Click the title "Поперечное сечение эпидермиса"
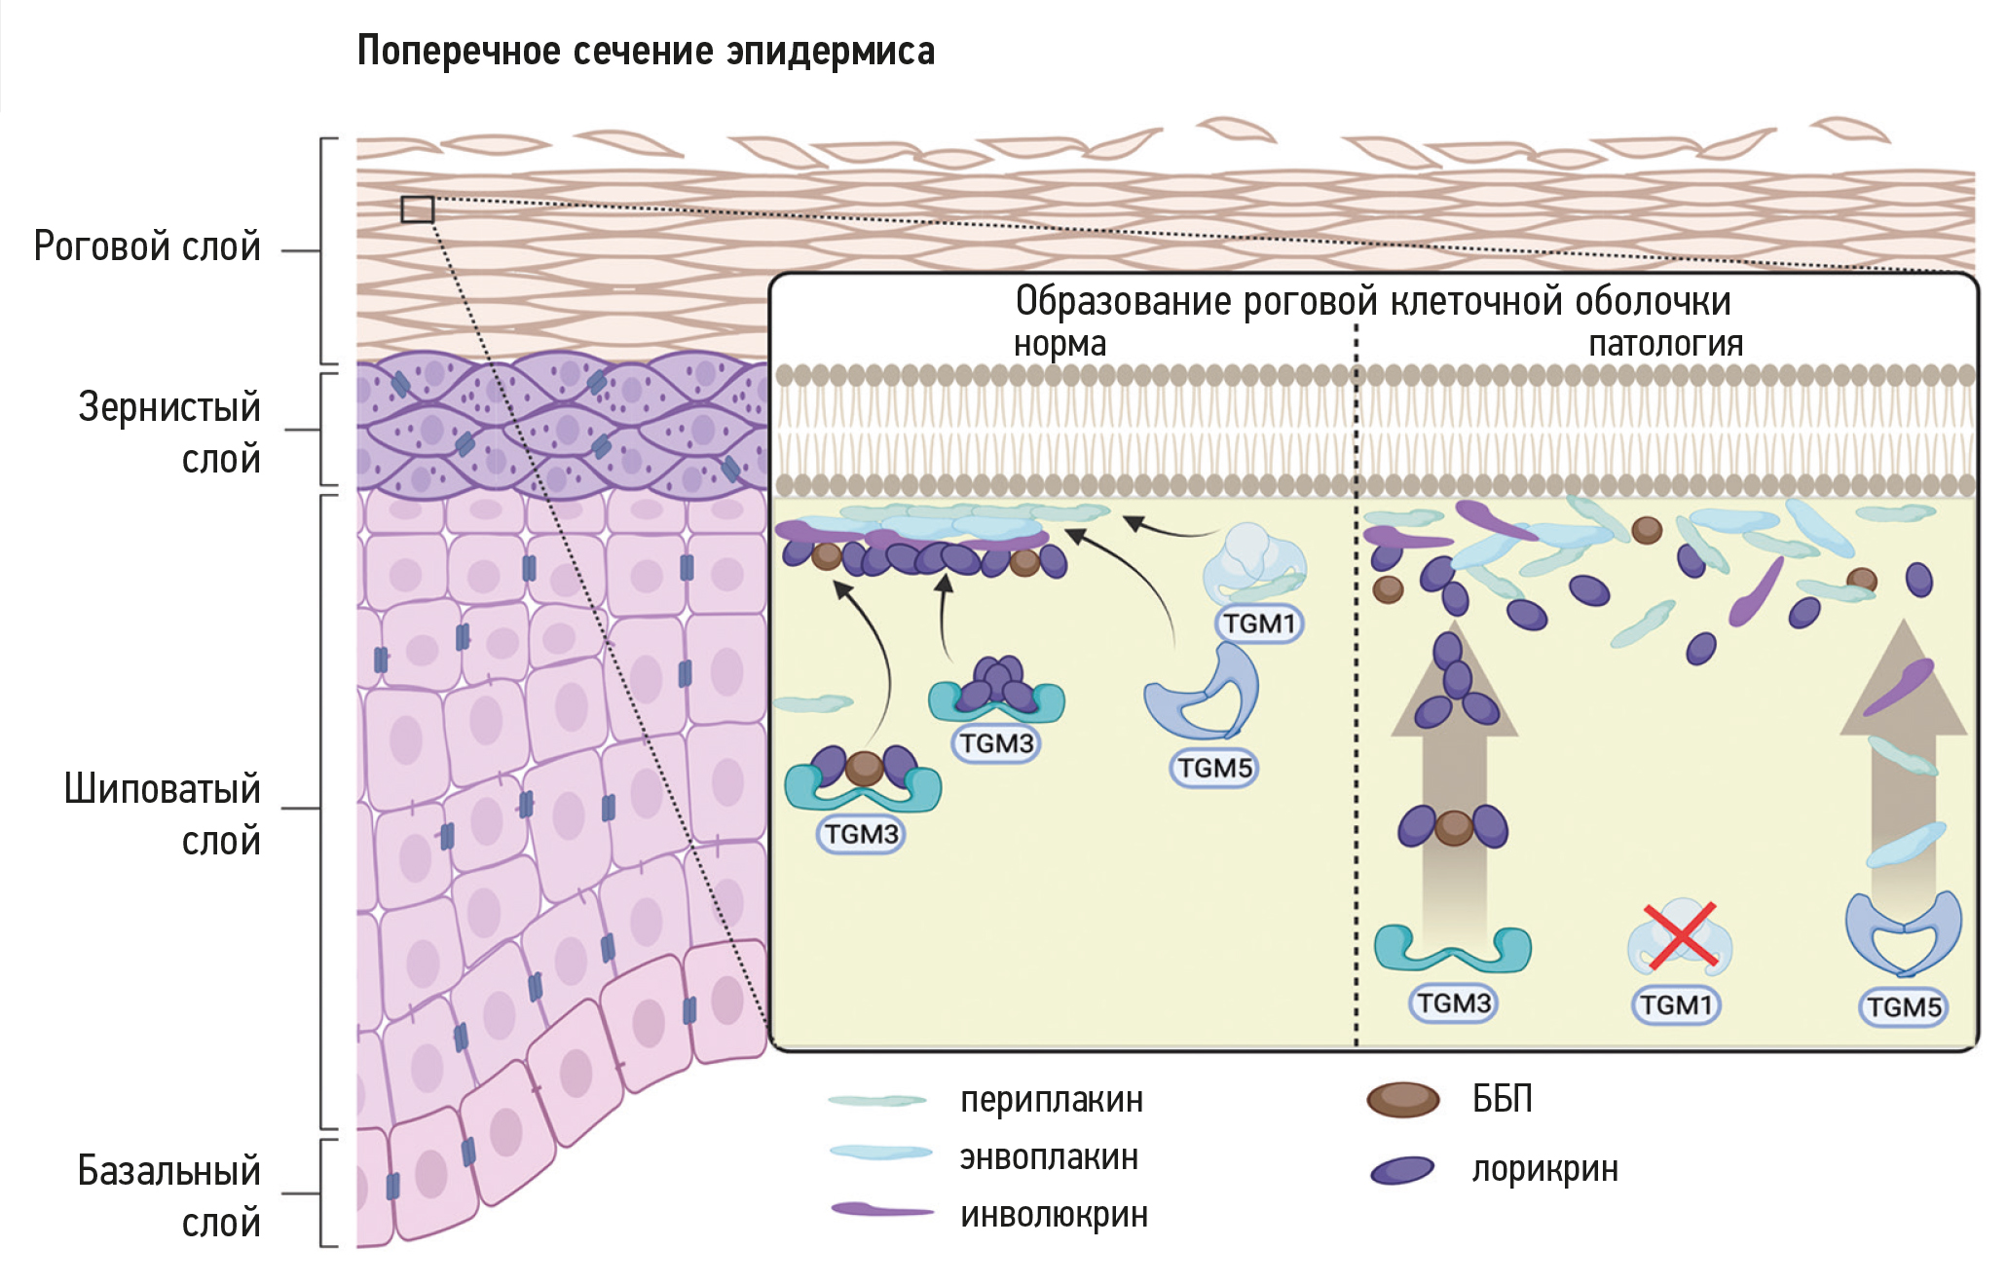coord(646,51)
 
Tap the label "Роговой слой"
coord(147,246)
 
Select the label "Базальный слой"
coord(169,1195)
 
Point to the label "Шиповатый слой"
coord(163,813)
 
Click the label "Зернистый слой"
coord(169,432)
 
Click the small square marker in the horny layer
coord(418,209)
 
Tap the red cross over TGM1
coord(1680,936)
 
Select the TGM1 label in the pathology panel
coord(1675,1004)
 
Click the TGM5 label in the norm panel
coord(1213,768)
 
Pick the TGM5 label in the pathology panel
coord(1904,1006)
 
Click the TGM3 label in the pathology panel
coord(1453,1002)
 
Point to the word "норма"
coord(1060,344)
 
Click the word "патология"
coord(1665,344)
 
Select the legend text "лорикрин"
coord(1544,1168)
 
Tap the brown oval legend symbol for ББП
coord(1402,1099)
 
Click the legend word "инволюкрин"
coord(1054,1215)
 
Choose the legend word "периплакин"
coord(1052,1100)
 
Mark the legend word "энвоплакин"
coord(1049,1157)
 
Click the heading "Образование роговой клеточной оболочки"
coord(1373,301)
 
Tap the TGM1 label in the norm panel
coord(1259,623)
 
